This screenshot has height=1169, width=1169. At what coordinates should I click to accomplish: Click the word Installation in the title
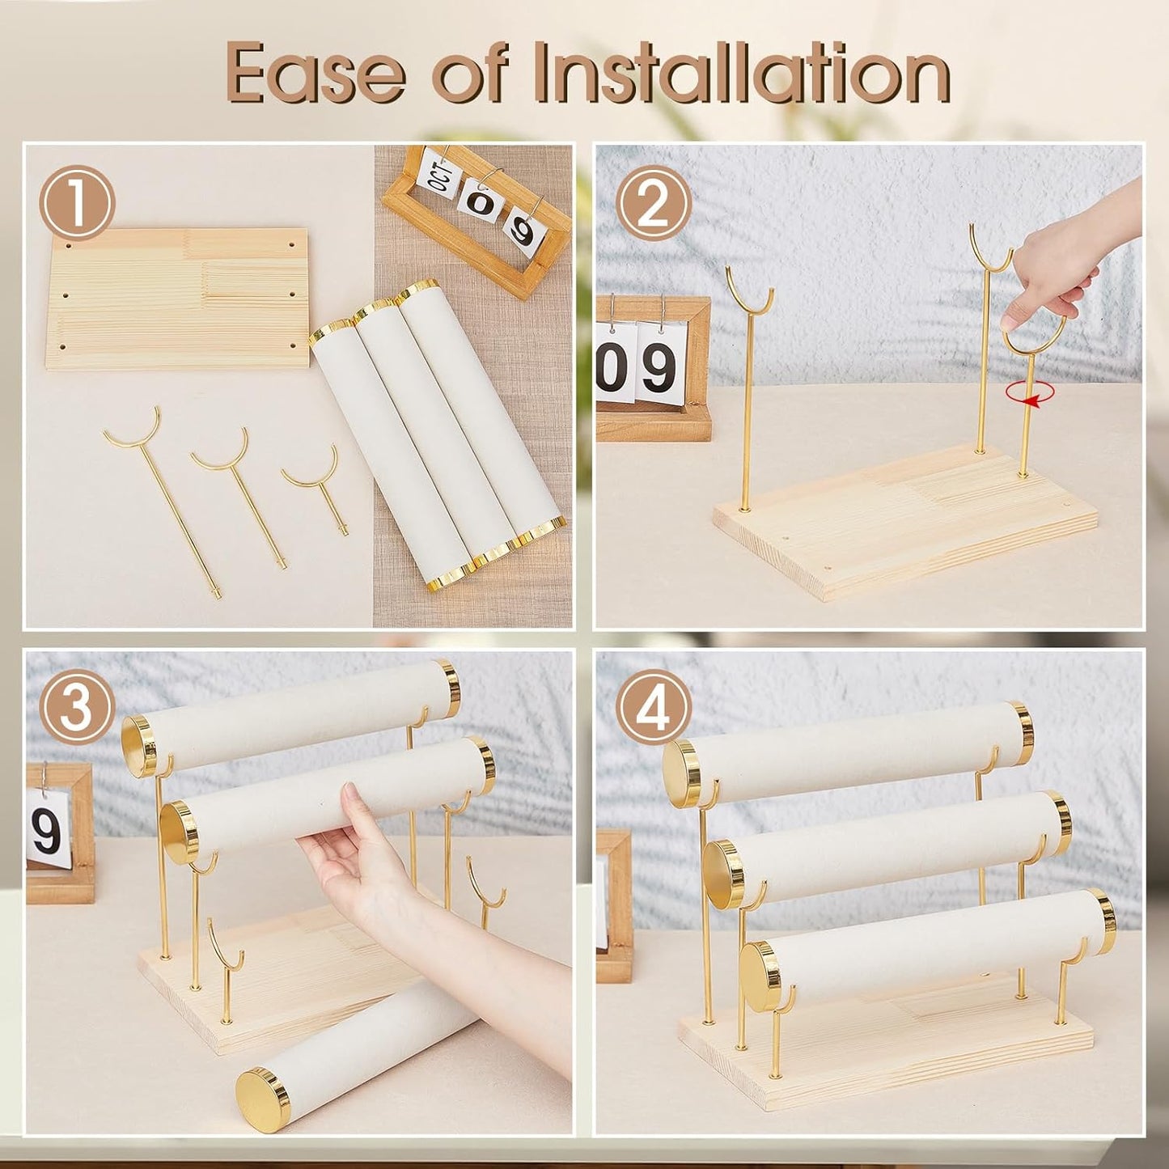point(743,74)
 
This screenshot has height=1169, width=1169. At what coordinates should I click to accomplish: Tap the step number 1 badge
point(77,203)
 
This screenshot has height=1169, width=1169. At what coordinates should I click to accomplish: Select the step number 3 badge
point(77,709)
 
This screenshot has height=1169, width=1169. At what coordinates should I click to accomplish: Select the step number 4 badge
point(654,709)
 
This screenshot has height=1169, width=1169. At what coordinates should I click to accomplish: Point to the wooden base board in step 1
point(177,299)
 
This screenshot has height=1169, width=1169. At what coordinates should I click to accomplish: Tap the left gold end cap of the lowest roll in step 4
point(763,978)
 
